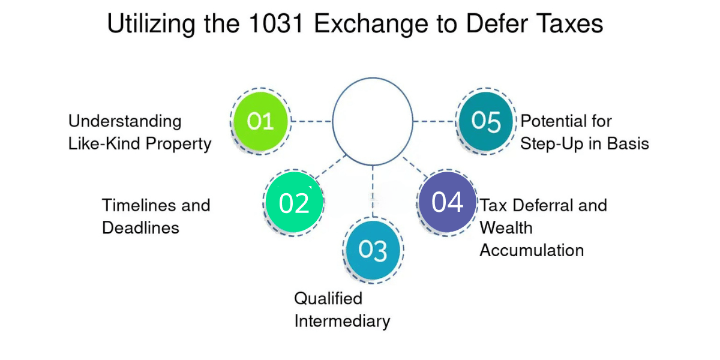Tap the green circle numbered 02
[294, 203]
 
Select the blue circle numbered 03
[373, 250]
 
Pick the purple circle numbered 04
[447, 202]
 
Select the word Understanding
[125, 121]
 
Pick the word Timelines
[140, 205]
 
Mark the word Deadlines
[140, 228]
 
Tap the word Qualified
[328, 298]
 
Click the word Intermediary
[342, 321]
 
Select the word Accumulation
[532, 250]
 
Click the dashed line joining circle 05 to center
[434, 121]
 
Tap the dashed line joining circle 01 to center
[311, 121]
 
